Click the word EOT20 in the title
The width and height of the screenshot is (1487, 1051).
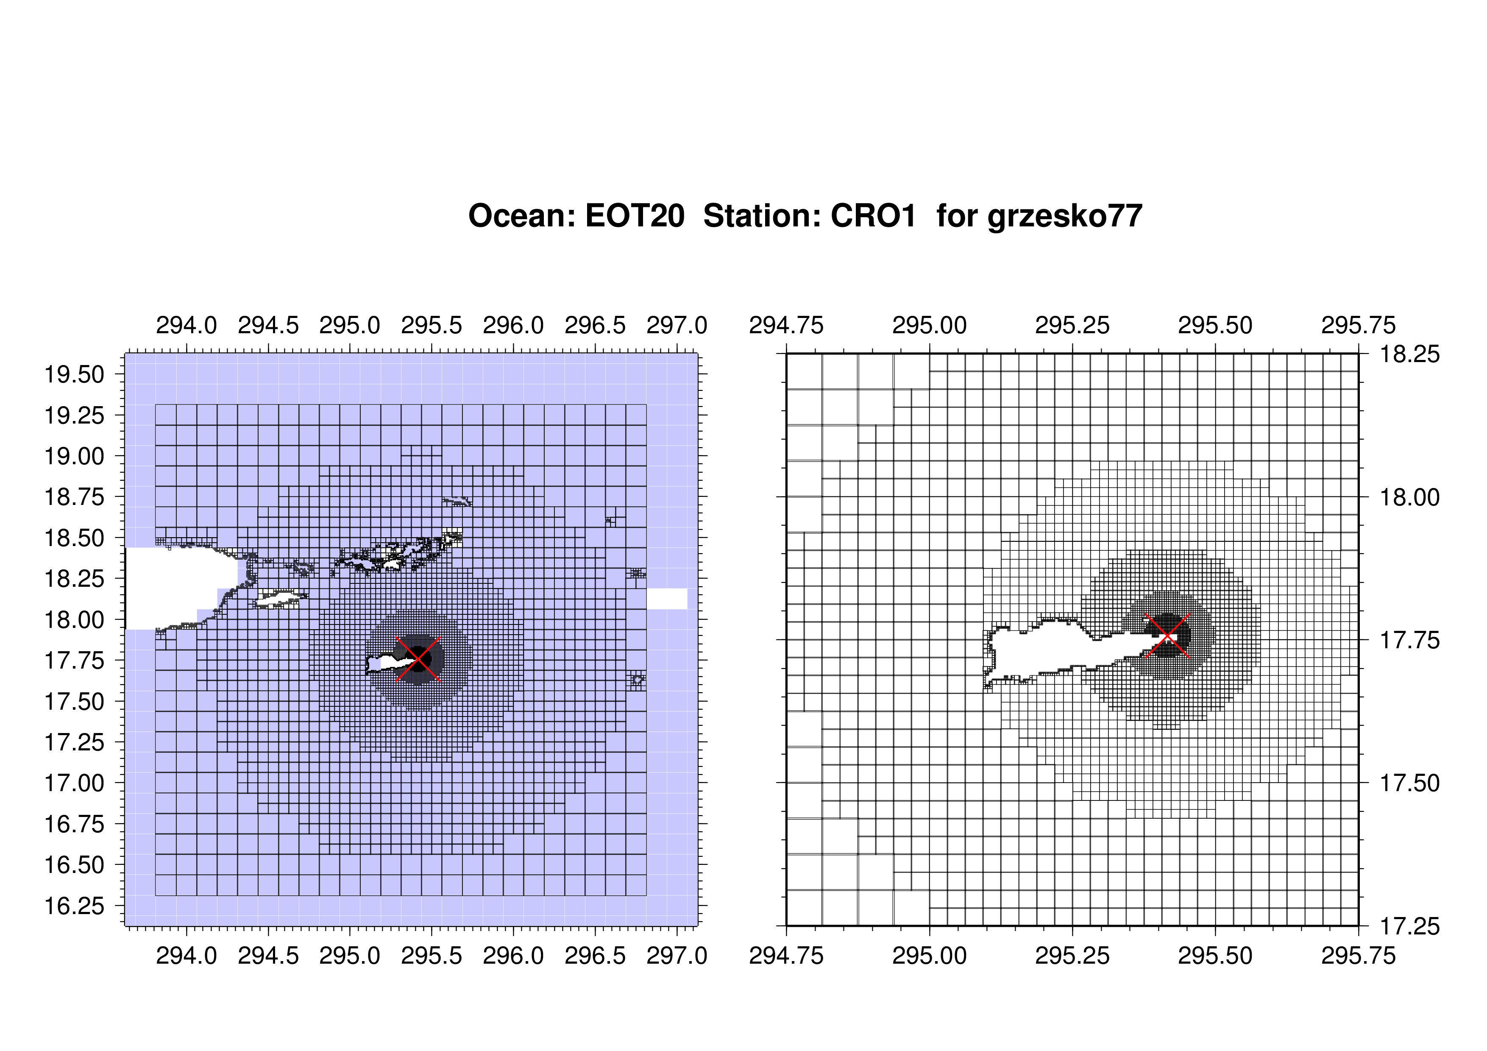[634, 216]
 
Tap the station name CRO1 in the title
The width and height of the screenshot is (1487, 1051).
[873, 216]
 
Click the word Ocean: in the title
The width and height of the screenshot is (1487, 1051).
[522, 216]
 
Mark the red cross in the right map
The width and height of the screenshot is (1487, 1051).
[1167, 636]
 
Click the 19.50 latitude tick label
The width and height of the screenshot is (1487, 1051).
[74, 374]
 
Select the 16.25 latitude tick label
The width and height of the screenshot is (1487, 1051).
[74, 905]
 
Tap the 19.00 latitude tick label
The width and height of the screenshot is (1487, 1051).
[74, 456]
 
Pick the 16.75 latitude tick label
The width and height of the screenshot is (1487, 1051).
[74, 824]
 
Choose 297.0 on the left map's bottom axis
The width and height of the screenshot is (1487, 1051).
[677, 955]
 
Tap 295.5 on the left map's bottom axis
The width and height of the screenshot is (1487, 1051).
[432, 955]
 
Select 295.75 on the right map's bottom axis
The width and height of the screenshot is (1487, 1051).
[1359, 955]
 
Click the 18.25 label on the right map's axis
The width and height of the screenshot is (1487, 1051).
[1410, 354]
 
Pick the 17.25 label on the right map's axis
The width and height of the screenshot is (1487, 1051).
[1410, 926]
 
